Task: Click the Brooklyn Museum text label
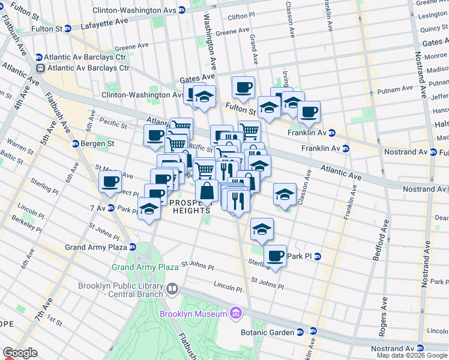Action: (193, 314)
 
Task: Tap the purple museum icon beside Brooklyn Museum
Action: (236, 314)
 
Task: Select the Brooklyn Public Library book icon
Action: (172, 289)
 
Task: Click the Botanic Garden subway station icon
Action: (312, 332)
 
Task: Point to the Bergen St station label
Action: (97, 144)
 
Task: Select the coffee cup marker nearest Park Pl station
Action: (276, 256)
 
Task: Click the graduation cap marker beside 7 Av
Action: (149, 209)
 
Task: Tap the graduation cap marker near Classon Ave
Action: (285, 194)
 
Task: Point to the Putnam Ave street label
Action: (394, 90)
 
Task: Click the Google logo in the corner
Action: (20, 353)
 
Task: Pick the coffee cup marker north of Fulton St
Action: (243, 88)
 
